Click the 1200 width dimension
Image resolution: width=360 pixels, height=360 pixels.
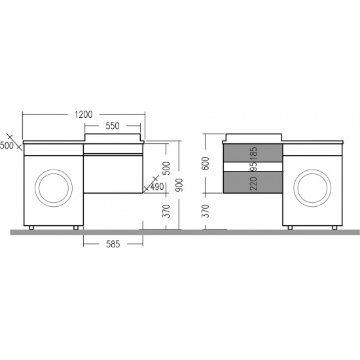(x=84, y=115)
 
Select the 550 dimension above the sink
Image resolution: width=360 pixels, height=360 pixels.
(x=113, y=126)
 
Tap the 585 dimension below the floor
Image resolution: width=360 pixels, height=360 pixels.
(x=113, y=244)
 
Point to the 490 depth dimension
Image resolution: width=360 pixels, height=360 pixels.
(x=157, y=187)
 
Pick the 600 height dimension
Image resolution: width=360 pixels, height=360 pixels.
(x=206, y=163)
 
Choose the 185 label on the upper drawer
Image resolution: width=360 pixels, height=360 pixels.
(x=254, y=152)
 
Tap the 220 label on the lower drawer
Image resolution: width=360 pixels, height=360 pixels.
(x=253, y=183)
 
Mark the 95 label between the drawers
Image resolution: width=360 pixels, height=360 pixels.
(x=253, y=166)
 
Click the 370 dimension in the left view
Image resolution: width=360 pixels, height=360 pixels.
(x=166, y=211)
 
